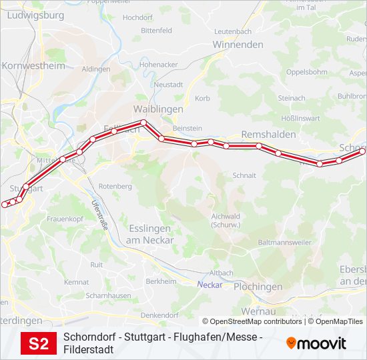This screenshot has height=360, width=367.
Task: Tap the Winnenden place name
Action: tap(238, 45)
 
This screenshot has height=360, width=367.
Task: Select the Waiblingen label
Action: tap(158, 109)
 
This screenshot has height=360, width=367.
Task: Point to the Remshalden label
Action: tap(268, 134)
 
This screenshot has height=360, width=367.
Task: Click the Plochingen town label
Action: tap(259, 287)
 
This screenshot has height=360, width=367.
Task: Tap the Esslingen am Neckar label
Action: tap(149, 235)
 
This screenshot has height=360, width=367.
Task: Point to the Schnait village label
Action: tap(244, 175)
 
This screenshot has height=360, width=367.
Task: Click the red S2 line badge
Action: tap(39, 344)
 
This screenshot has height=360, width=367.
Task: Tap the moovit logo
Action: tap(316, 343)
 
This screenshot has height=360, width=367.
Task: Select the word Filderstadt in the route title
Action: tap(88, 349)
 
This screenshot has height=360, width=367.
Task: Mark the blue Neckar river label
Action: tap(209, 285)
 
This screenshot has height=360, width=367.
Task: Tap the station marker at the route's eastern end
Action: tap(363, 151)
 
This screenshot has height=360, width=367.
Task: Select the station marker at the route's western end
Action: tap(5, 205)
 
